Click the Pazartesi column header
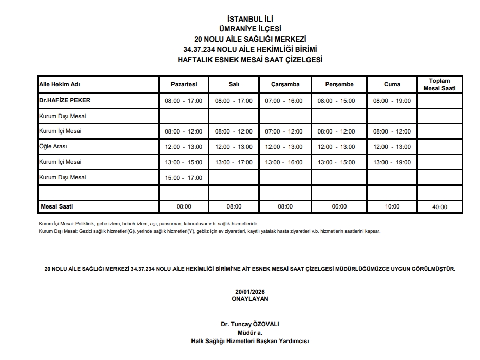183,84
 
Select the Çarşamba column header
285,84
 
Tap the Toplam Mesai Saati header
439,84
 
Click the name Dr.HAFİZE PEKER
61,100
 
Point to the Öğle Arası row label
53,146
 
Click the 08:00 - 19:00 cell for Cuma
392,101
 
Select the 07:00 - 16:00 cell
284,101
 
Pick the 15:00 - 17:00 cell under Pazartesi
183,178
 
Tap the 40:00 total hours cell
439,207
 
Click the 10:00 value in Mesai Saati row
392,206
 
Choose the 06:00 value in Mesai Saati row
339,206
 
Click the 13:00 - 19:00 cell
392,162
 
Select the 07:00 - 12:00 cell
284,131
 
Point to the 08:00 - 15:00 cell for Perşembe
336,101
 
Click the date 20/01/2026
250,291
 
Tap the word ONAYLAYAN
250,298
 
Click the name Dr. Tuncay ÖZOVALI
250,324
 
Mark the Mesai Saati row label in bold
57,206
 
